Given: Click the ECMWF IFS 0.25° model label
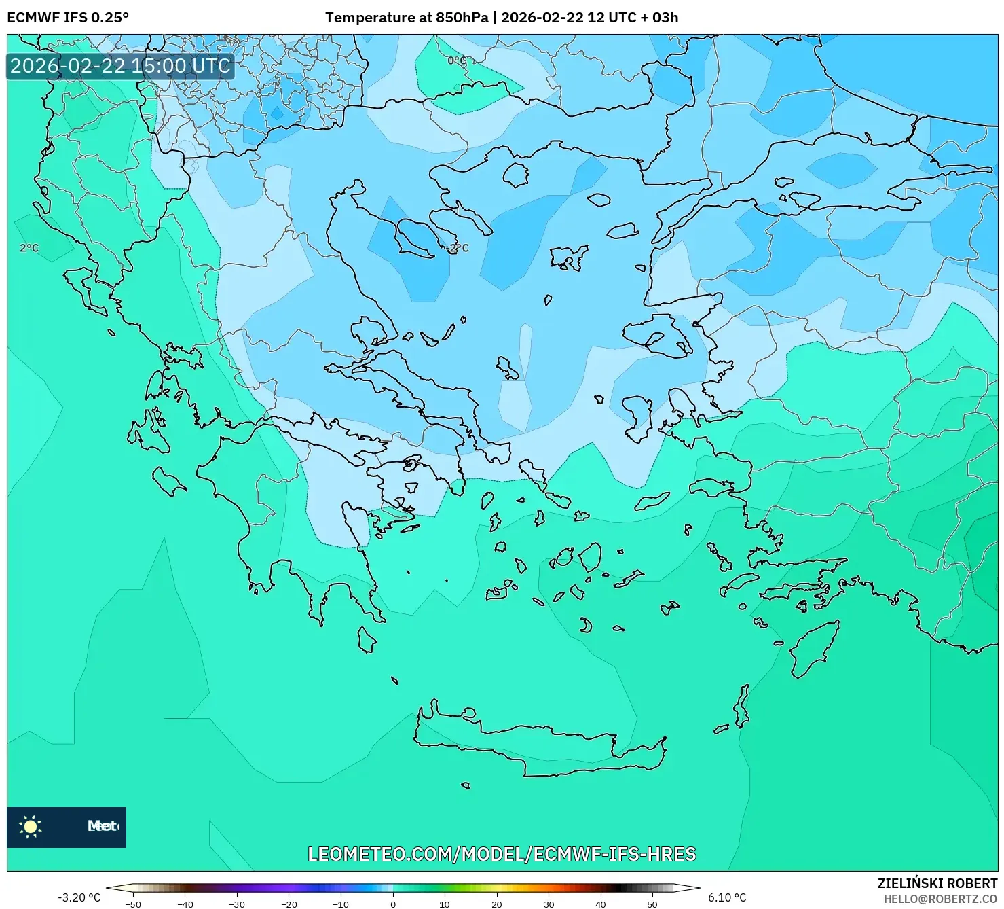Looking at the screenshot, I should (x=68, y=18).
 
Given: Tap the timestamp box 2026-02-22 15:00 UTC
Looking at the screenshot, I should (x=121, y=66).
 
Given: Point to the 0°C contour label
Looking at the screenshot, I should (x=457, y=60).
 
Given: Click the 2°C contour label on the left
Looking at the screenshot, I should (x=29, y=248).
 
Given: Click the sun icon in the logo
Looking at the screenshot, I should (x=31, y=827).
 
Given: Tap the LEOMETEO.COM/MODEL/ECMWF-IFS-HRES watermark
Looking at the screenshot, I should (x=502, y=854).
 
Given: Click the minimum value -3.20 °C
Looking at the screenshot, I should (x=79, y=897).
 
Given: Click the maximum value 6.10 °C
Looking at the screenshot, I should (x=727, y=897).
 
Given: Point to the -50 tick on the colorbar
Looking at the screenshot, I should (x=133, y=904).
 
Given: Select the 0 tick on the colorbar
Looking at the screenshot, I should (x=393, y=904).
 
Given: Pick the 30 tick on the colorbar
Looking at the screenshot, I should (x=549, y=904).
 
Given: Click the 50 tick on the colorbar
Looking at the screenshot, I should (x=652, y=904).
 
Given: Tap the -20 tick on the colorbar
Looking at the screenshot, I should (x=289, y=904).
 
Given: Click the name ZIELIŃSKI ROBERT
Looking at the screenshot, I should (x=937, y=883).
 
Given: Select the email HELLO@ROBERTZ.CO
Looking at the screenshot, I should (x=940, y=899).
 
